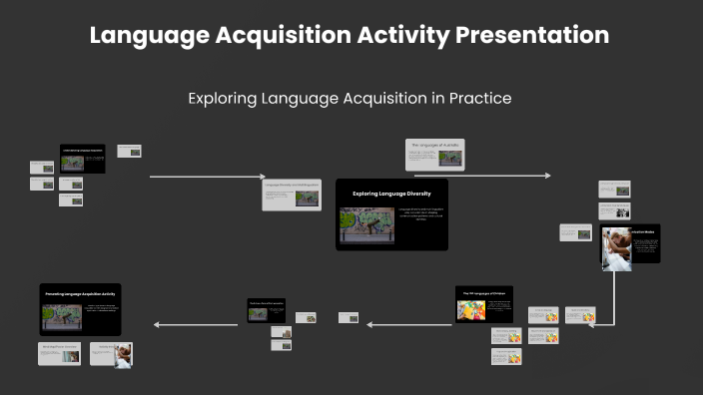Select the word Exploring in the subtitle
click(222, 98)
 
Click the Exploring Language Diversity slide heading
click(391, 193)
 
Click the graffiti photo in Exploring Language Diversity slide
click(366, 224)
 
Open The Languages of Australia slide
click(435, 154)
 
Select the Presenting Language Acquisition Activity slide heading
click(80, 292)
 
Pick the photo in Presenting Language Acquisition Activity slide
click(61, 317)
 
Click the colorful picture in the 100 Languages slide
click(470, 309)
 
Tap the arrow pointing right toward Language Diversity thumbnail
click(205, 177)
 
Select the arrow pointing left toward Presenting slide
click(195, 324)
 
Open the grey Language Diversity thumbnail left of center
click(292, 194)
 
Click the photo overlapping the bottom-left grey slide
click(123, 355)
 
